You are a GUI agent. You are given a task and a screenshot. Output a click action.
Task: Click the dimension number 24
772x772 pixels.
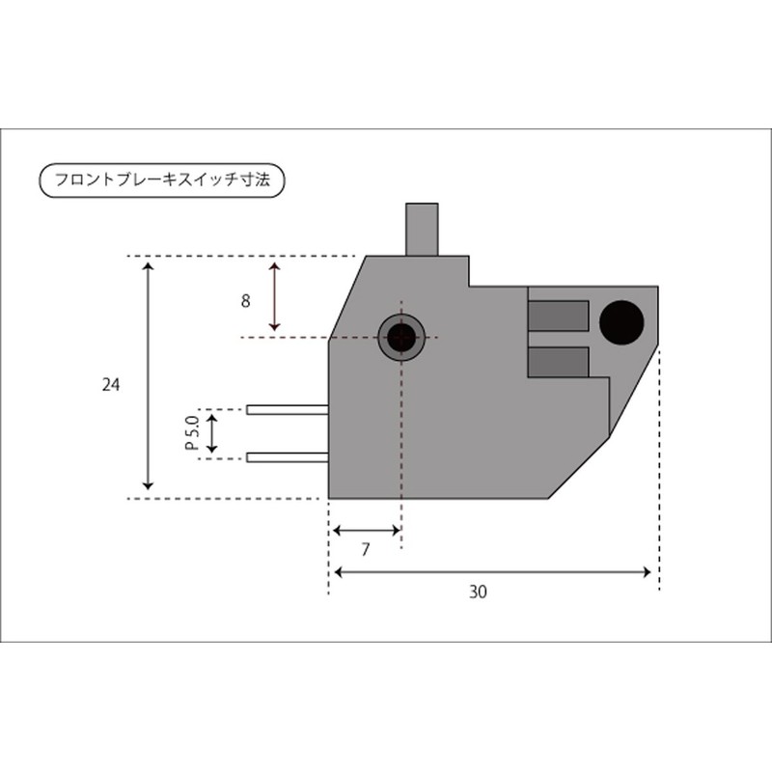110,385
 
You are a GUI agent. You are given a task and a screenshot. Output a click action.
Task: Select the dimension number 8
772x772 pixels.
245,301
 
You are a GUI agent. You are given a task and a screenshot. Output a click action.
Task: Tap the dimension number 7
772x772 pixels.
366,551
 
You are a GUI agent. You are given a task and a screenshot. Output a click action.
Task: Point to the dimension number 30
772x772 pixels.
478,593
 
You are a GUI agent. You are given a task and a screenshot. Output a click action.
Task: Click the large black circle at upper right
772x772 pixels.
621,321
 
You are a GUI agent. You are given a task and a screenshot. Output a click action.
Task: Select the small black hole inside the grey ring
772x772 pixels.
400,337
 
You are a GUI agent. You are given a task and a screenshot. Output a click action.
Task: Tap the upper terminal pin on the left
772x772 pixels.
287,410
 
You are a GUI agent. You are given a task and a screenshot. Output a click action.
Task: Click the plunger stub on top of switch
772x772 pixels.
422,229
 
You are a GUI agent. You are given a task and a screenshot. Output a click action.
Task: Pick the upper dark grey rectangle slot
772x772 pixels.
559,316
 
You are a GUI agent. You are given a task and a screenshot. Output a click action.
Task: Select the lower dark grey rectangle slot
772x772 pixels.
559,362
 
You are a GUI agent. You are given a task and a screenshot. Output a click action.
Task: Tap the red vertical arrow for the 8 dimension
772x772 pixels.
275,297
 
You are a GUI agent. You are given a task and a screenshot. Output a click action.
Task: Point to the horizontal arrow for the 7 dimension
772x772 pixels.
366,530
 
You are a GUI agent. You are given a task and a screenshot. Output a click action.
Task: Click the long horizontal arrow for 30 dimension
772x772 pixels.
492,572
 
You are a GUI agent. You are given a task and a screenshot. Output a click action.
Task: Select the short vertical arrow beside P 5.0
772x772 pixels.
213,434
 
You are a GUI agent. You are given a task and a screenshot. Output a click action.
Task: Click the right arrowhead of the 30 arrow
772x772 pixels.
648,572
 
